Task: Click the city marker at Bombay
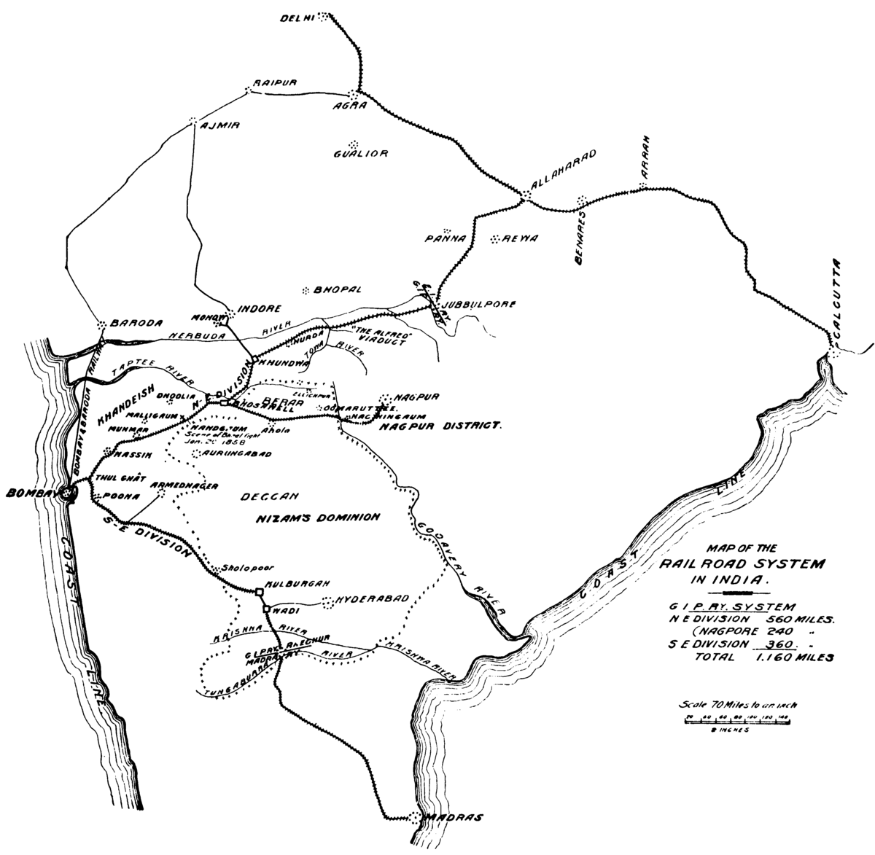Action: point(68,494)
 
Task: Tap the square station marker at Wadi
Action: point(267,608)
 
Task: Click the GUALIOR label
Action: point(361,154)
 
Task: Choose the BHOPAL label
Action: point(338,289)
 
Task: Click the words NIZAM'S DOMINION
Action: point(318,517)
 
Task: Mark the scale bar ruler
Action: point(738,719)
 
